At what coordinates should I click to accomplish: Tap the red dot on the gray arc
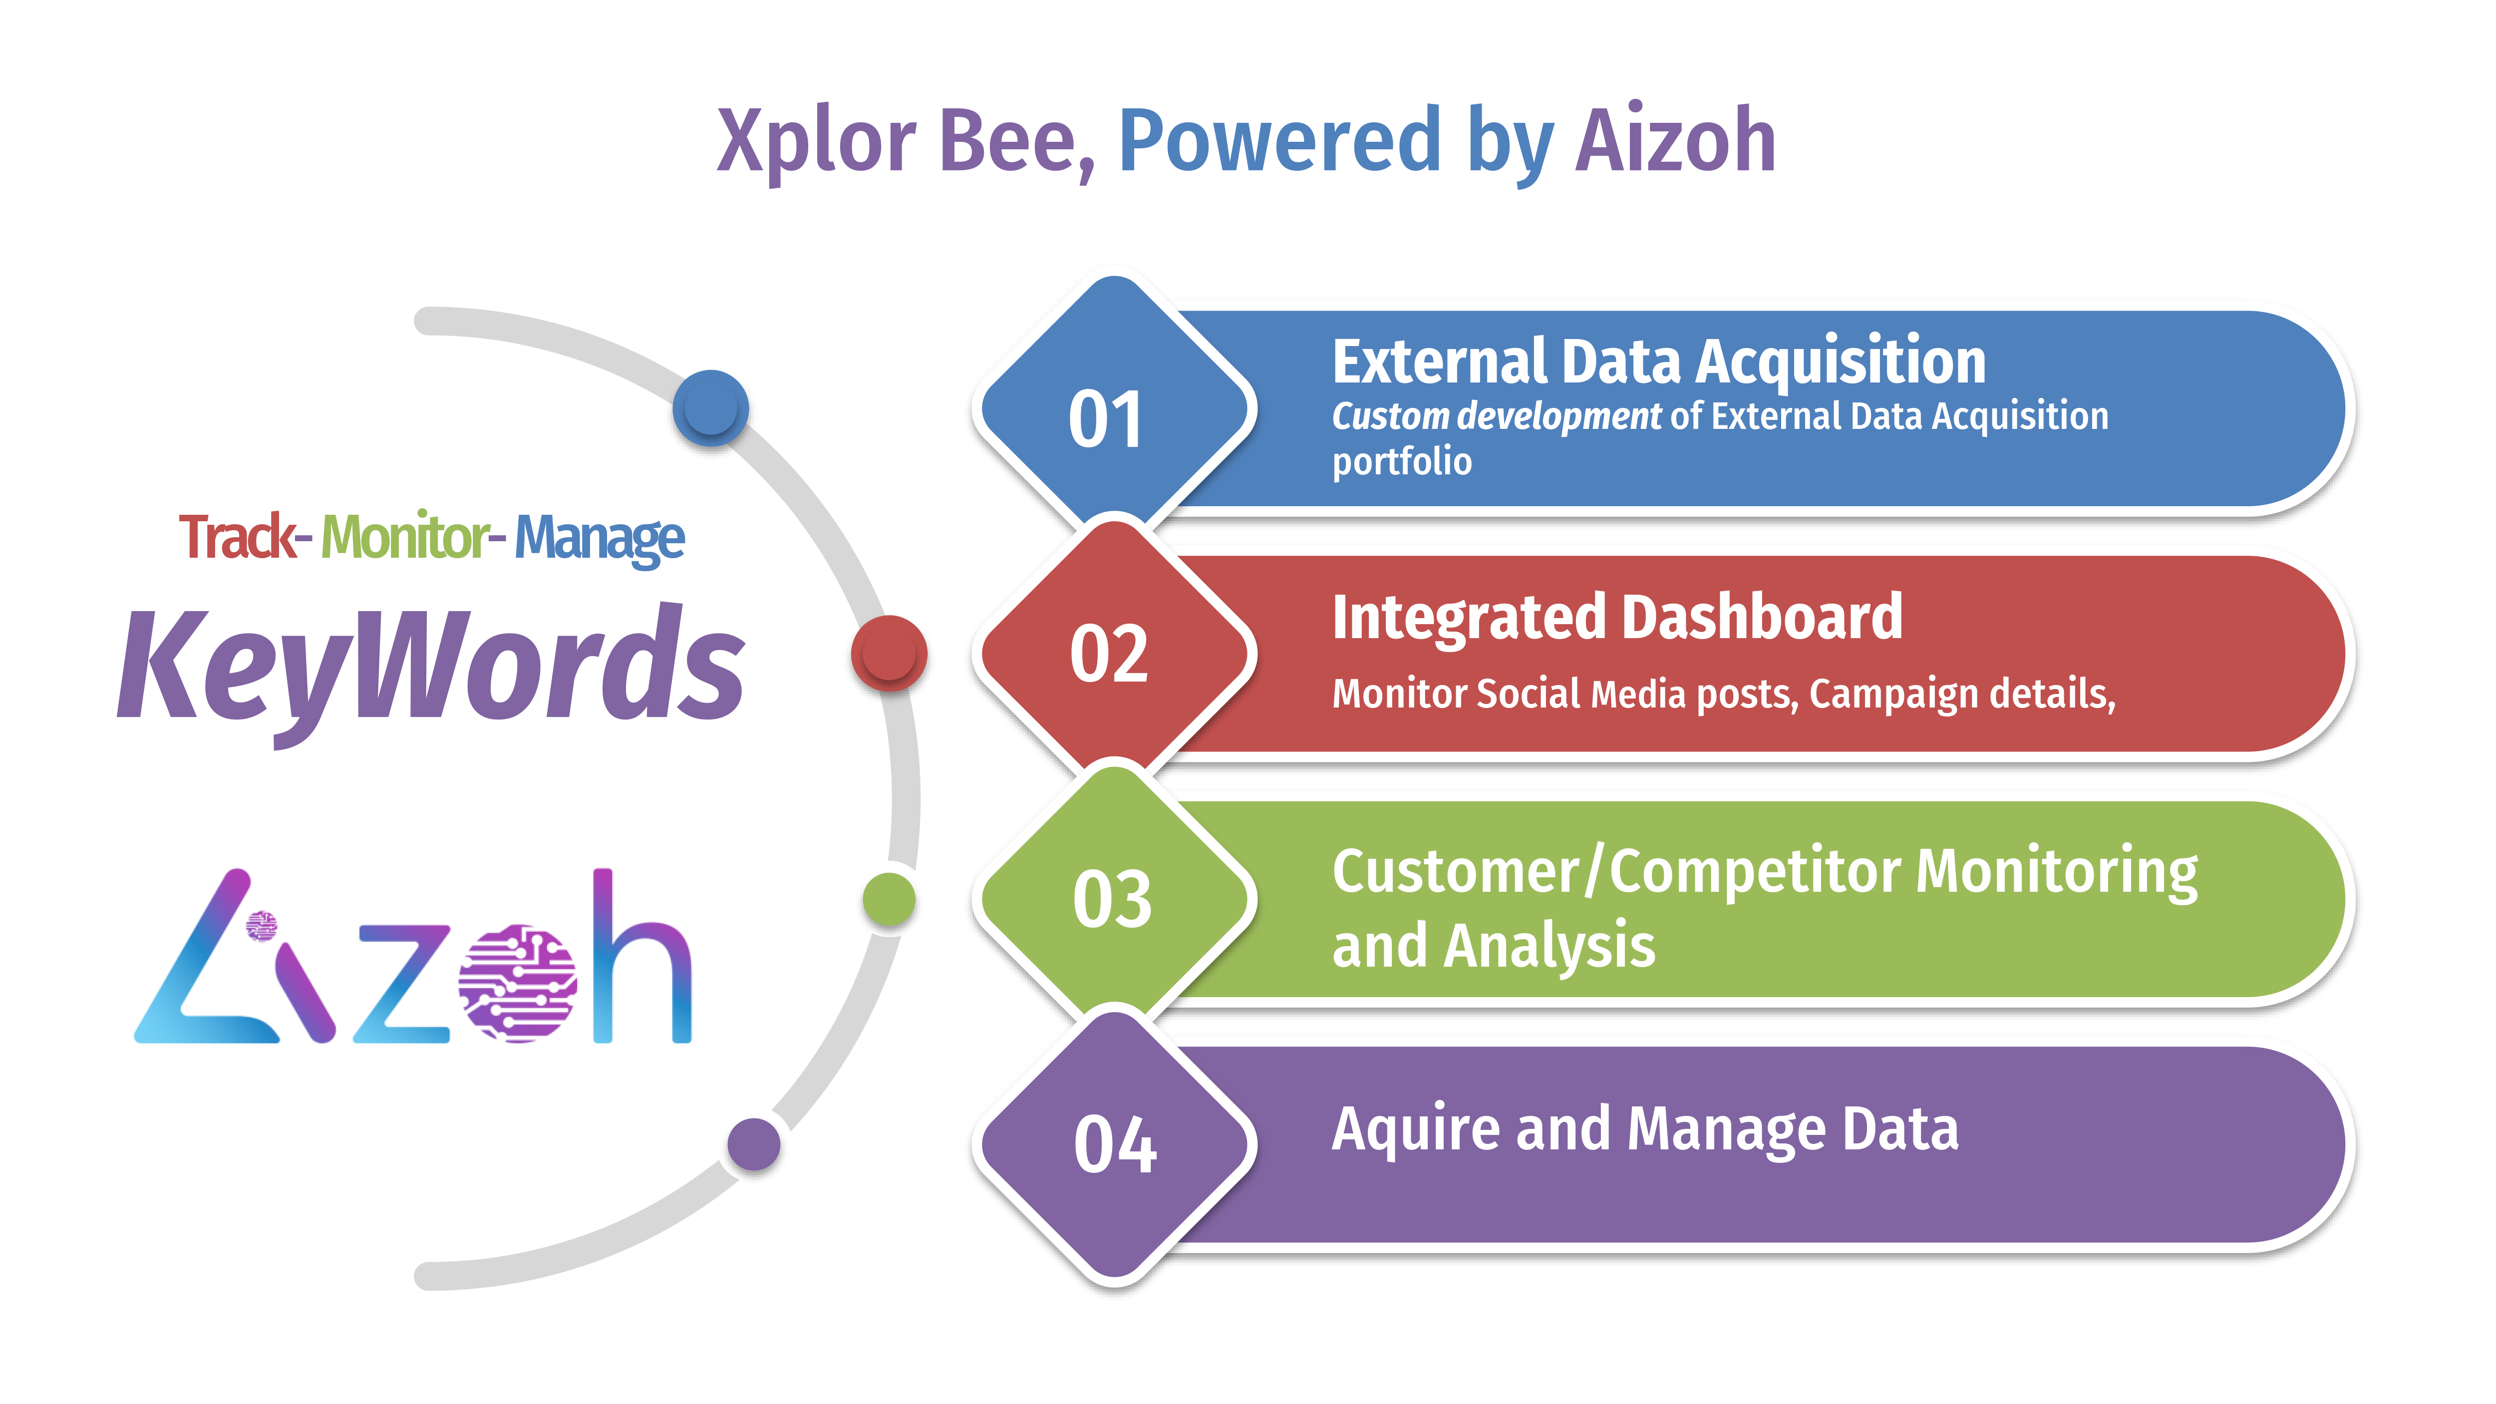[889, 653]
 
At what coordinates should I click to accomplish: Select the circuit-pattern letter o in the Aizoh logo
[517, 983]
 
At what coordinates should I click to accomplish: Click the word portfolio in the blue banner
[1401, 462]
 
